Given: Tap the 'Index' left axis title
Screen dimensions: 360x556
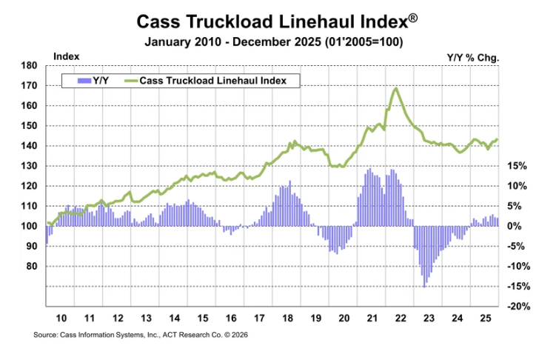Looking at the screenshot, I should [x=67, y=56].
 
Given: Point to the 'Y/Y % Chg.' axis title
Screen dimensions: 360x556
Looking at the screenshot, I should [x=473, y=57].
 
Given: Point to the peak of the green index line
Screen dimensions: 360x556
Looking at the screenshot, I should [x=396, y=89].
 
